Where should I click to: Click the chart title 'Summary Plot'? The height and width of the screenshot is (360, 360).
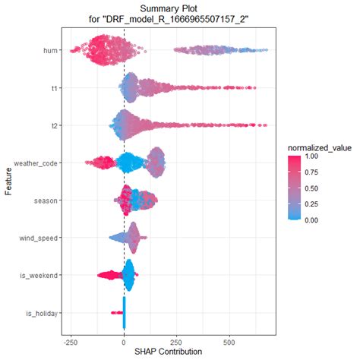[x=168, y=8]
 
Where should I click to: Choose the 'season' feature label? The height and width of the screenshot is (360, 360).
[x=48, y=201]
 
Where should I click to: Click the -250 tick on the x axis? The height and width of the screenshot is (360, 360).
[x=70, y=341]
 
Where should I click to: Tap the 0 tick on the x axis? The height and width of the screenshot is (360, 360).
[x=124, y=341]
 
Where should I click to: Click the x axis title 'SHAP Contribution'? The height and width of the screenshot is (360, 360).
[x=168, y=352]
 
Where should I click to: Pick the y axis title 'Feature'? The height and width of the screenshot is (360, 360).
[x=8, y=182]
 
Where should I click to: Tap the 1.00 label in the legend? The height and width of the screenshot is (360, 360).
[x=312, y=156]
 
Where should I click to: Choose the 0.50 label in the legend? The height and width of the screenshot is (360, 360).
[x=312, y=188]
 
